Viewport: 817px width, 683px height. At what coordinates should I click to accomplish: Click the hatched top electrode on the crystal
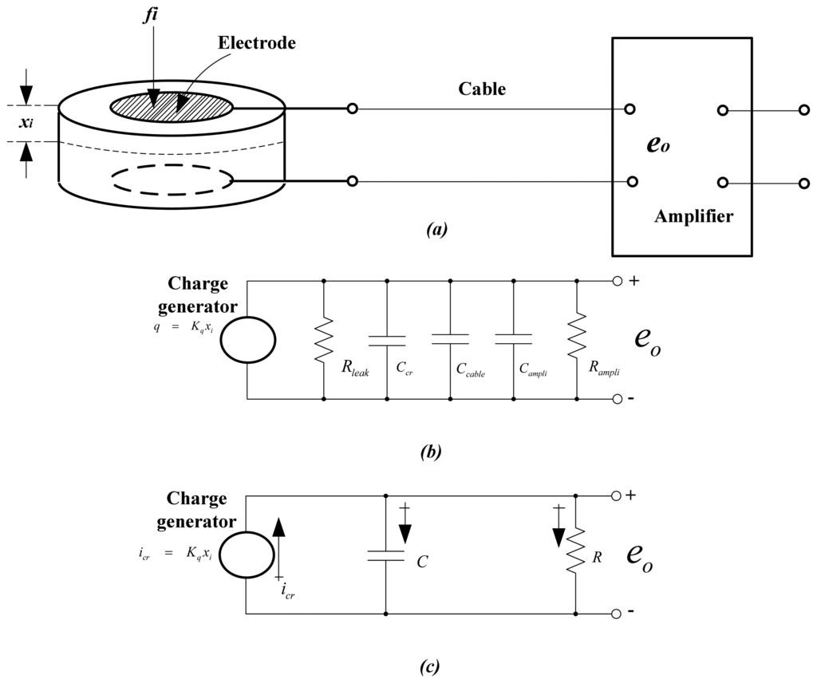point(172,105)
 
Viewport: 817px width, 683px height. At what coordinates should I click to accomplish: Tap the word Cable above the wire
point(481,89)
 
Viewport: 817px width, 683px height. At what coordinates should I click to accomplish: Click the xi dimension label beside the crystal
point(28,124)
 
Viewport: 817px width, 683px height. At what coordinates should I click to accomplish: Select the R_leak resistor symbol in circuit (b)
point(323,338)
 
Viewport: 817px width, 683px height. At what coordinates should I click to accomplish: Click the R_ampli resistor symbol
point(576,338)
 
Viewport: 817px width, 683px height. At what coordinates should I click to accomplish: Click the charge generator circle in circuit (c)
point(247,555)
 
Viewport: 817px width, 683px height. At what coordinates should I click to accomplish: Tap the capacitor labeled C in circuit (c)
point(387,555)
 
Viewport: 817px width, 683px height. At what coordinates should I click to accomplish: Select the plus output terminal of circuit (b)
point(616,281)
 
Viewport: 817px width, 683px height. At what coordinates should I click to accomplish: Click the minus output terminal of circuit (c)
point(616,614)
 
